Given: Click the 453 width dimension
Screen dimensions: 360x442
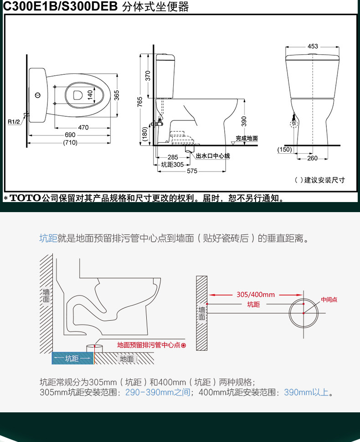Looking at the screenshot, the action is click(x=313, y=46).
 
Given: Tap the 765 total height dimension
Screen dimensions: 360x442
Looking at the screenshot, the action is click(x=140, y=101).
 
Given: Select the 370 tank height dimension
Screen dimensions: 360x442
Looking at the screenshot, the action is click(x=148, y=76).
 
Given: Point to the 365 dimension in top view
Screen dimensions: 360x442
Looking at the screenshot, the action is click(x=117, y=95).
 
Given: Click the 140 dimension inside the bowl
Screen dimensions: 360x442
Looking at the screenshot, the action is click(x=90, y=95).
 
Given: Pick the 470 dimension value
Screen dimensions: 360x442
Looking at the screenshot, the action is click(x=83, y=127).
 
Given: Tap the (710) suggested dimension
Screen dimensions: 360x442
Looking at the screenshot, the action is click(x=70, y=142).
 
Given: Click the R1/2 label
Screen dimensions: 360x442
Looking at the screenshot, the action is click(x=14, y=121).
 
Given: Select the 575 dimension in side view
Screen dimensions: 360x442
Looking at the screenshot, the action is click(x=192, y=171).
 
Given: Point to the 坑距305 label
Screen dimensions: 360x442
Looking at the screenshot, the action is click(x=172, y=164).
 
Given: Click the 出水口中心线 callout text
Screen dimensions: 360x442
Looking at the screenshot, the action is click(x=213, y=156).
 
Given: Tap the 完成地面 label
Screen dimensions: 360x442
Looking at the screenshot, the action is click(x=247, y=138).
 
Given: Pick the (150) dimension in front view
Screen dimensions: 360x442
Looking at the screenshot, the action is click(x=284, y=150).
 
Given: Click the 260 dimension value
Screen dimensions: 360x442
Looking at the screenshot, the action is click(x=313, y=158).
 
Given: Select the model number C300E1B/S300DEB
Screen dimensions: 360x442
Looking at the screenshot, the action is click(x=60, y=6).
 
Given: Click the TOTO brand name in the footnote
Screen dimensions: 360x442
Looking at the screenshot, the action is click(x=26, y=198).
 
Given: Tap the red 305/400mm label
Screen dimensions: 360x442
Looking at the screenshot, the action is click(x=256, y=295).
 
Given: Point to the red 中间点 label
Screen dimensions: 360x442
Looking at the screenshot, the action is click(x=329, y=299).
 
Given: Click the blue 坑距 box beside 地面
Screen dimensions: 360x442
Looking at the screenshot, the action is click(x=72, y=358).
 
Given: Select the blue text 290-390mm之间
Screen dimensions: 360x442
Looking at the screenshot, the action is click(x=158, y=392).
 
